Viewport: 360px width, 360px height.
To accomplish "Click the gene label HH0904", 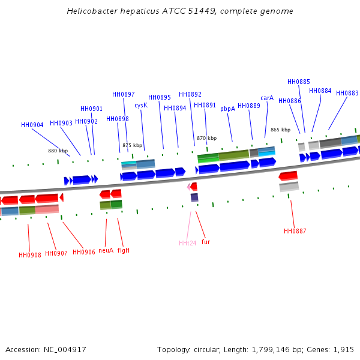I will pyautogui.click(x=32, y=125).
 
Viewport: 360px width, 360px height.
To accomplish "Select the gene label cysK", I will pyautogui.click(x=141, y=105).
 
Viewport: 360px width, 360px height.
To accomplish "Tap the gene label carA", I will pyautogui.click(x=267, y=98).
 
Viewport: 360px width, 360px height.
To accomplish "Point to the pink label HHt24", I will pyautogui.click(x=187, y=243).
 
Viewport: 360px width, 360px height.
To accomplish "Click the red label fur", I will pyautogui.click(x=206, y=242).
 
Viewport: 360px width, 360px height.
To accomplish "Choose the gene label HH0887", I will pyautogui.click(x=295, y=231).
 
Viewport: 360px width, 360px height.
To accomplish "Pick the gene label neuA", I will pyautogui.click(x=106, y=250).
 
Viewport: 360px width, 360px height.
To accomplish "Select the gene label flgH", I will pyautogui.click(x=124, y=250).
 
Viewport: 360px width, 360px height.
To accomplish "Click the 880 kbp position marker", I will pyautogui.click(x=58, y=151).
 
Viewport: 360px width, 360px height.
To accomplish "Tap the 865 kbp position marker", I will pyautogui.click(x=280, y=130).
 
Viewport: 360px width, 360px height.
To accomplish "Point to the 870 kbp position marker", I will pyautogui.click(x=206, y=138).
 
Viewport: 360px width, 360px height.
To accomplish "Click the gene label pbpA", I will pyautogui.click(x=227, y=109).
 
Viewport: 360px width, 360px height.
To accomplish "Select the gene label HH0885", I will pyautogui.click(x=299, y=82).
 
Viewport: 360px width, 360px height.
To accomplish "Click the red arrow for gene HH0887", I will pyautogui.click(x=288, y=176).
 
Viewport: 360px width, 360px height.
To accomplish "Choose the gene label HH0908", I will pyautogui.click(x=30, y=255).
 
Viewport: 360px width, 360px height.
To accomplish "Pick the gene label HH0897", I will pyautogui.click(x=124, y=94).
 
